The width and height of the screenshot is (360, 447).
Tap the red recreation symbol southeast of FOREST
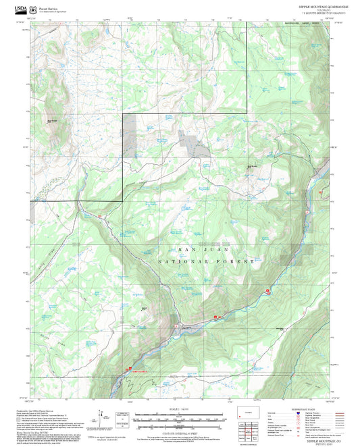(x=268, y=291)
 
